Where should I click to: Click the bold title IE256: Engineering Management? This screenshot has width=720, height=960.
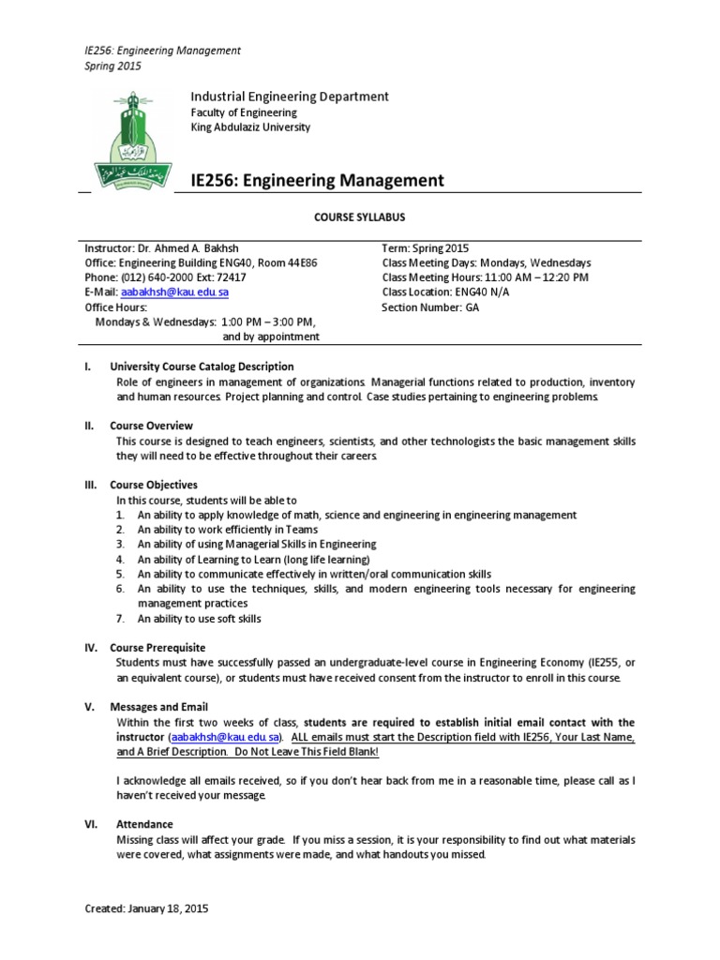(x=317, y=180)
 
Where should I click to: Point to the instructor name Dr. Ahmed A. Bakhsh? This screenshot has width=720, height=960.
(x=184, y=248)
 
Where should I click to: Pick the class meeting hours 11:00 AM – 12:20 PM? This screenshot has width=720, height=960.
(x=535, y=277)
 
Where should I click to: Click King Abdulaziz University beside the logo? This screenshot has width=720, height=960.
(x=250, y=127)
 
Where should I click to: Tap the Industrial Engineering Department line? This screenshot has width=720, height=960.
(x=290, y=97)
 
